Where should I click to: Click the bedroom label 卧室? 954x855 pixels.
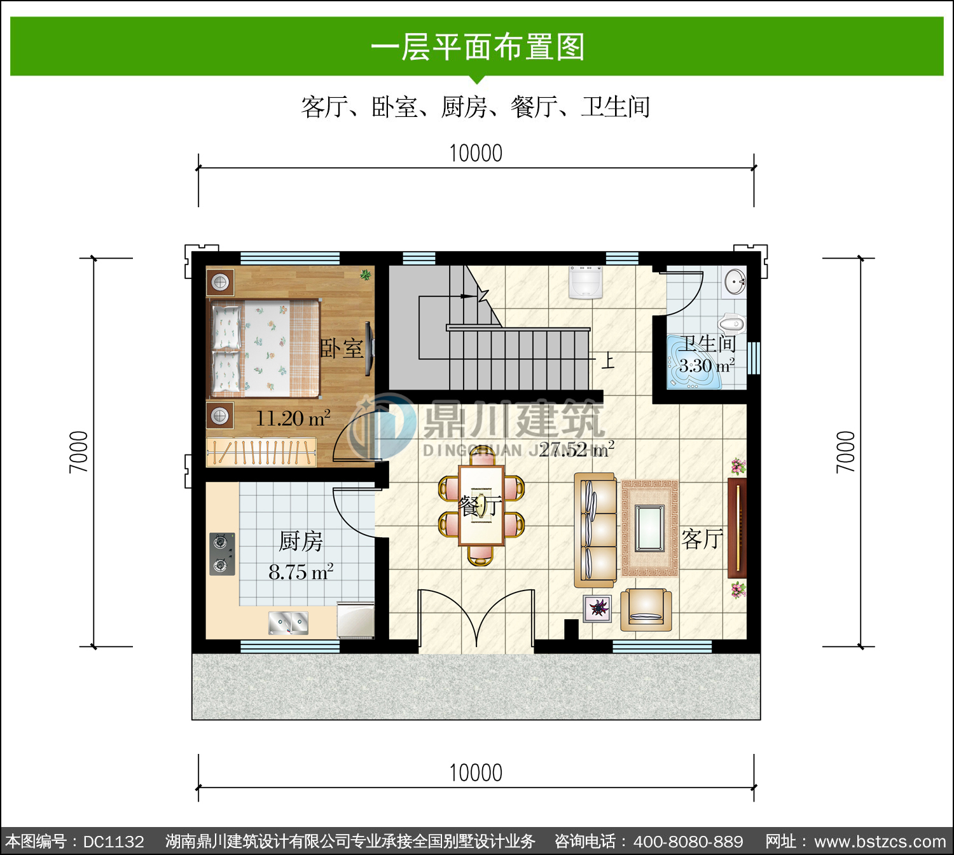tap(342, 348)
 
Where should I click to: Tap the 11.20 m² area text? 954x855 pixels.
tap(293, 418)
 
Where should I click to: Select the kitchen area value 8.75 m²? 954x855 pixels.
tap(301, 572)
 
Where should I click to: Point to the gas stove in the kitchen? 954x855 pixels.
tap(222, 554)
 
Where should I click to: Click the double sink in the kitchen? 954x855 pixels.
tap(288, 623)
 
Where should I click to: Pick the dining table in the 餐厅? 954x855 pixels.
tap(481, 505)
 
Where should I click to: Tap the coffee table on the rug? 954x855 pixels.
tap(649, 528)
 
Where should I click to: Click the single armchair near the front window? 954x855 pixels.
tap(646, 609)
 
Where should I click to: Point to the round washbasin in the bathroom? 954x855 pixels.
tap(735, 282)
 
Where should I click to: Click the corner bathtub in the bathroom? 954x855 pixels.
tap(694, 362)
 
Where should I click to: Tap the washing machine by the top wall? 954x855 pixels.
tap(585, 282)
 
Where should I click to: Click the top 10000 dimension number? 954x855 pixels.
tap(476, 153)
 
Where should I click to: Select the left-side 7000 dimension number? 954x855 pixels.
tap(79, 452)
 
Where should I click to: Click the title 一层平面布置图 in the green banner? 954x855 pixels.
tap(478, 47)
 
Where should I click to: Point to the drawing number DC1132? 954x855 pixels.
tap(113, 842)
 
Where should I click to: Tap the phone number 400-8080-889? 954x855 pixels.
tap(688, 842)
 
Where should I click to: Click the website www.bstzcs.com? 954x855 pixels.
tap(880, 842)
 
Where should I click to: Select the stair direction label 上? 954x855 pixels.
tap(608, 361)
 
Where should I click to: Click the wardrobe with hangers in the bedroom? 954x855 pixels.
tap(261, 453)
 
